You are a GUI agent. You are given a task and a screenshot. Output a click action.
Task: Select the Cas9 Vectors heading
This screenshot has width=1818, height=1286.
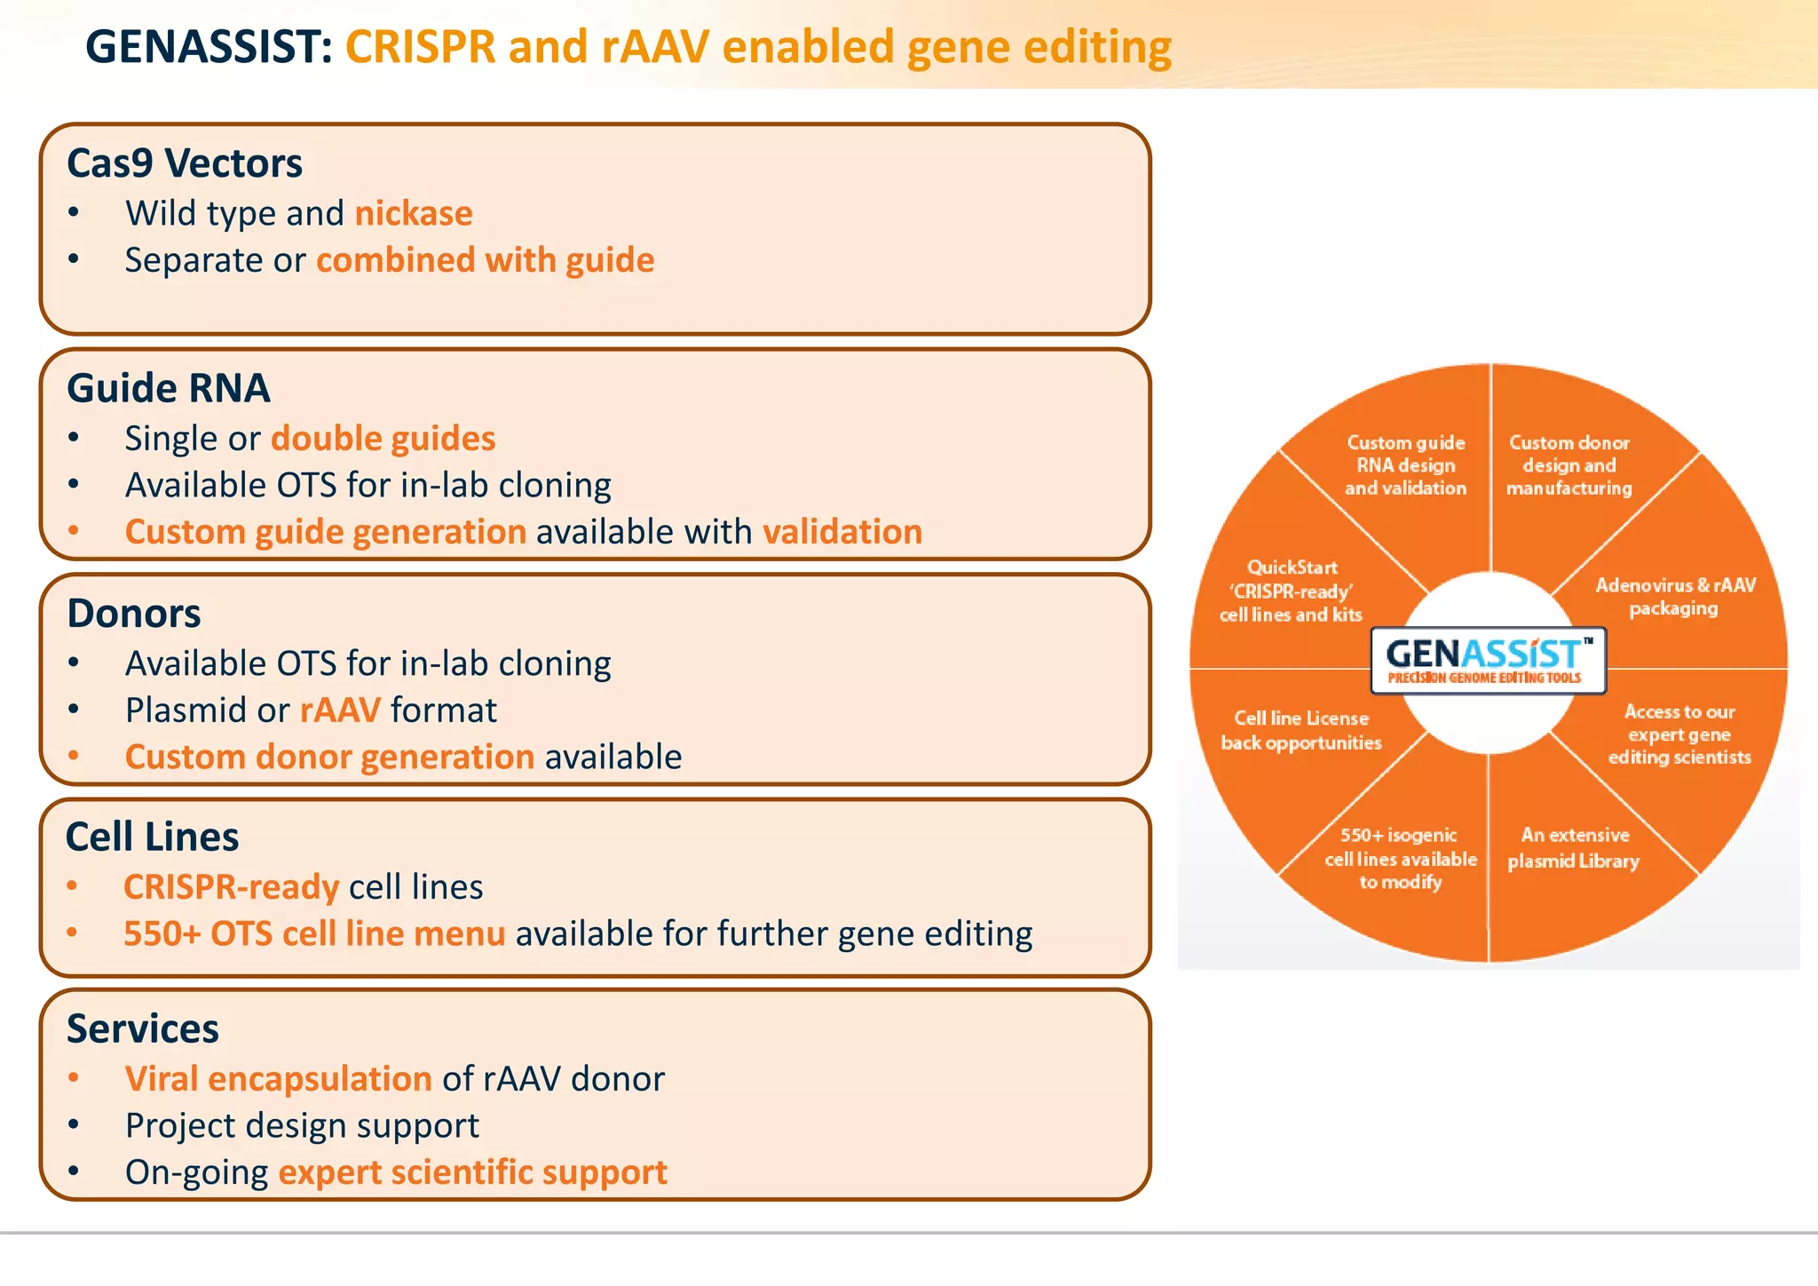coord(185,163)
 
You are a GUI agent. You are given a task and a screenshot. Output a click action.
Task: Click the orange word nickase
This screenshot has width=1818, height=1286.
coord(414,214)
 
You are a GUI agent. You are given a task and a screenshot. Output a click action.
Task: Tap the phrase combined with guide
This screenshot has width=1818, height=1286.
coord(485,261)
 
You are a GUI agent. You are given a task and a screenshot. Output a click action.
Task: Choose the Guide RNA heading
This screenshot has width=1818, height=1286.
coord(169,389)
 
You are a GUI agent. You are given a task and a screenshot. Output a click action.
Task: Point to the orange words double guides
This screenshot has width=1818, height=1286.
coord(383,439)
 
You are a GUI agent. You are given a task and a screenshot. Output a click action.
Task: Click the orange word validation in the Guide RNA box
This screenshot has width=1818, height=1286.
coord(842,532)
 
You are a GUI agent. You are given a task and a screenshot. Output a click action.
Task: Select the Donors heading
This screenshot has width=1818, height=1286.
coord(134,614)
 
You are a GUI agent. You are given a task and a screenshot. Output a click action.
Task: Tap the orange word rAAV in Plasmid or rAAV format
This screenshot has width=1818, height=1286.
coord(340,710)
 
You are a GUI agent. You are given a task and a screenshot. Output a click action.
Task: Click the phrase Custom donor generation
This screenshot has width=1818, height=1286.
coord(329,758)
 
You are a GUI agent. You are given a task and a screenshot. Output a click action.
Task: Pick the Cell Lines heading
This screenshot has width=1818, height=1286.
coord(153,837)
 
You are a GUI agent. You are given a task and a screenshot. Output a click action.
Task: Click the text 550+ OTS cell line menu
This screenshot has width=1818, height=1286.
coord(314,934)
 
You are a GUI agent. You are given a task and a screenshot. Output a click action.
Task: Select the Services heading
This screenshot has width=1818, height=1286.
coord(143,1029)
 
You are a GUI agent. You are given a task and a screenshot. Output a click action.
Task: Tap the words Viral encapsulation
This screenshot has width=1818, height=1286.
coord(278,1079)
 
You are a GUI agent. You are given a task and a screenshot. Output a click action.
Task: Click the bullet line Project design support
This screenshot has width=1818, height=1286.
coord(302,1126)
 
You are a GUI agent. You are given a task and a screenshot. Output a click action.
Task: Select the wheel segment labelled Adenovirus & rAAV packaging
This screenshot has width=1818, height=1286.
coord(1674,597)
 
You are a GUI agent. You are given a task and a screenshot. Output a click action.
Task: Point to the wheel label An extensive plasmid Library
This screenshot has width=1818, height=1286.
coord(1574,848)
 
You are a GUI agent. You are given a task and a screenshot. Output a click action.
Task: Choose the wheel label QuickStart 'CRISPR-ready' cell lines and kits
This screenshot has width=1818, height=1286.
coord(1291,591)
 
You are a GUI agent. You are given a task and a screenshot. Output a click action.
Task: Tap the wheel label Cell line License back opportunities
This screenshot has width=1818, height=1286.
coord(1300,731)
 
